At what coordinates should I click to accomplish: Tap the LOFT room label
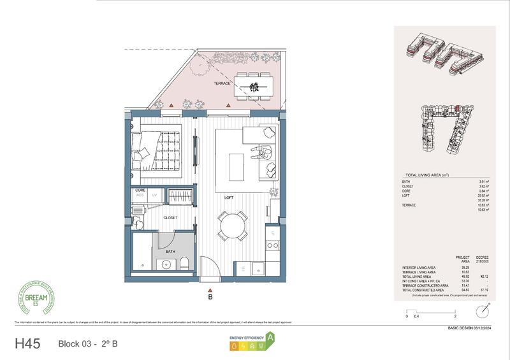click(229, 198)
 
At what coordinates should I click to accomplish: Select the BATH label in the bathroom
click(170, 252)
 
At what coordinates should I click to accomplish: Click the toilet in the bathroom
click(183, 264)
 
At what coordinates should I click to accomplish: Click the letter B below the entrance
click(210, 296)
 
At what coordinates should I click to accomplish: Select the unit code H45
click(27, 344)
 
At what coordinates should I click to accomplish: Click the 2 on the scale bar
click(455, 316)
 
